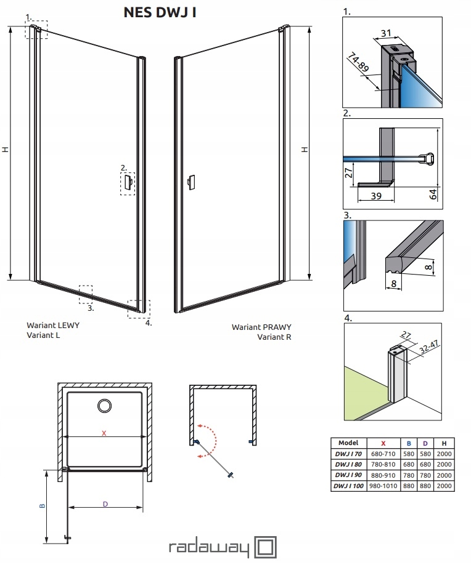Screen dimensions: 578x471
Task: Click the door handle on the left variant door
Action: click(128, 182)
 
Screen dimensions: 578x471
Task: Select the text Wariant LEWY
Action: click(52, 326)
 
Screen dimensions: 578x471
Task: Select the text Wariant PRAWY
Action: click(261, 327)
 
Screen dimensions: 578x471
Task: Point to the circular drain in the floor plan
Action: click(104, 405)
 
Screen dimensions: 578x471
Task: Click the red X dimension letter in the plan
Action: click(104, 433)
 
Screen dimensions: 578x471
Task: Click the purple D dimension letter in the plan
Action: click(105, 504)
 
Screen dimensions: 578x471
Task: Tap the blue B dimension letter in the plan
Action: click(42, 506)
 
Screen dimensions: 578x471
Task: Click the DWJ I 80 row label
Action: click(348, 465)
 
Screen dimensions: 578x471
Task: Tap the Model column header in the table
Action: click(348, 443)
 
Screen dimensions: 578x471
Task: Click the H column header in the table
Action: click(443, 443)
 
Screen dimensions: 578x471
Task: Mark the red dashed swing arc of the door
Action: click(213, 440)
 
